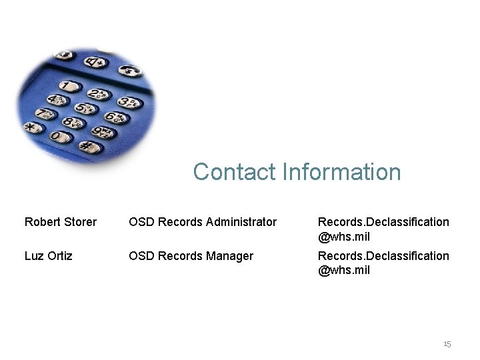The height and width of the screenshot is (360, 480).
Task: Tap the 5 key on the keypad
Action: coord(85,109)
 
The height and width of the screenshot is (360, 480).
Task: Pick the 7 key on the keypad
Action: coord(45,114)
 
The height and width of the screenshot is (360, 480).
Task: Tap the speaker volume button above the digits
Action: coord(95,61)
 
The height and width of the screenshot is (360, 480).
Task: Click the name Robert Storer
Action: coord(61,221)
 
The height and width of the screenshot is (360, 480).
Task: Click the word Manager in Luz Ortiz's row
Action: coord(231,255)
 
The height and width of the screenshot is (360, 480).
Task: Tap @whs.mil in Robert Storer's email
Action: coord(344,236)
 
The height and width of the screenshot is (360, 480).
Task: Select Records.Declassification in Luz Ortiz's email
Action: coord(383,255)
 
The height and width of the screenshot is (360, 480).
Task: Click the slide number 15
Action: coord(447,344)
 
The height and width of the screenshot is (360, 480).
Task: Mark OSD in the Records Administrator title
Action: coord(141,221)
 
